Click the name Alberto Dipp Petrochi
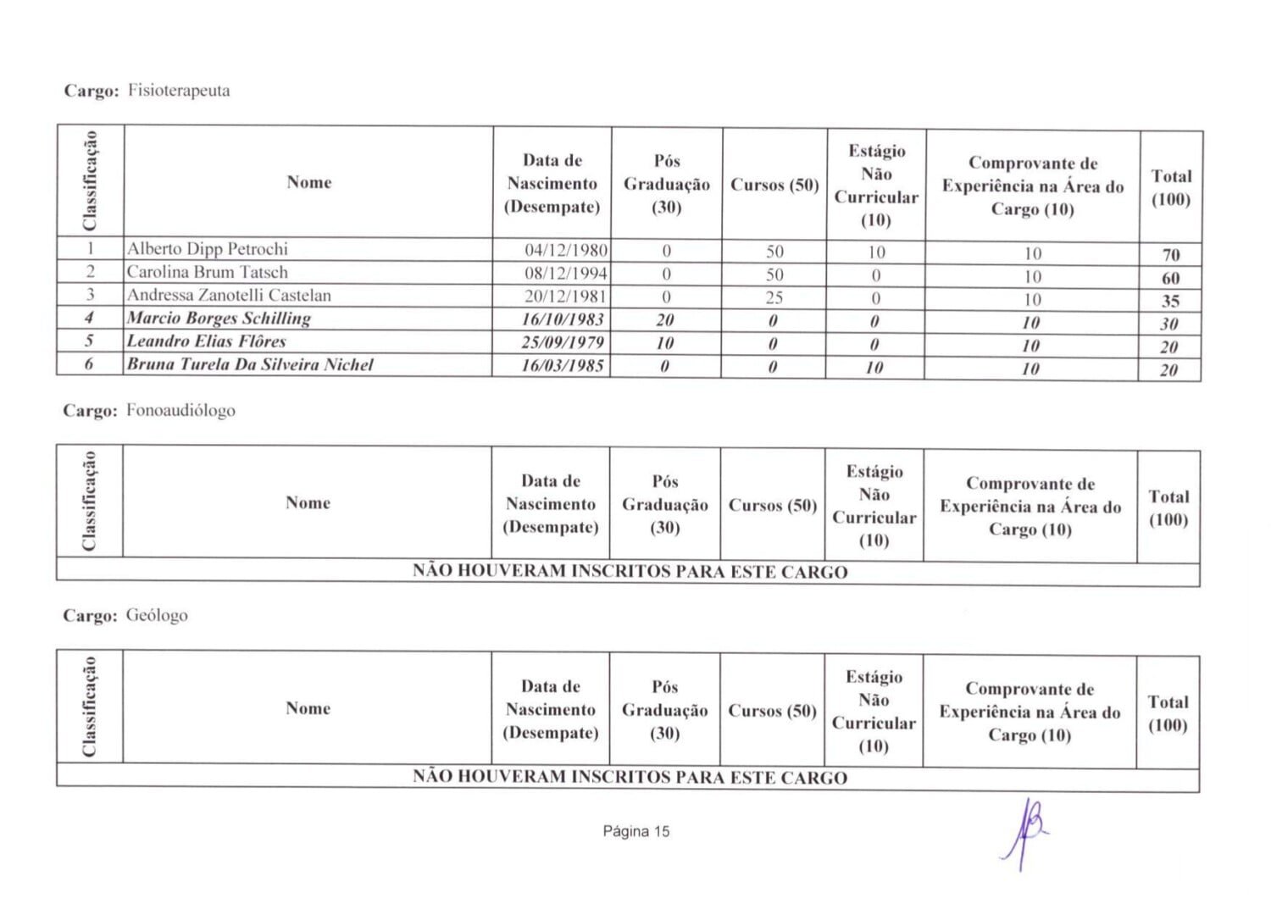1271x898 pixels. click(x=208, y=249)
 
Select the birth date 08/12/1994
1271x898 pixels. click(x=566, y=273)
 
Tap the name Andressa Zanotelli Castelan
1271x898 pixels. click(x=229, y=296)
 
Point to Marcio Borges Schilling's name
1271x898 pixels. click(x=219, y=319)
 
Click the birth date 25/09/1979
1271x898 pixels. click(x=563, y=342)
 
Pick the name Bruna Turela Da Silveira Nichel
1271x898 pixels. click(x=250, y=365)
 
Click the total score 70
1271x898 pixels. click(x=1171, y=255)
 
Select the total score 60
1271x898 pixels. click(x=1171, y=278)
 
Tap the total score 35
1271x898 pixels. click(x=1171, y=301)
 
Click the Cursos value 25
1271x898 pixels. click(x=774, y=298)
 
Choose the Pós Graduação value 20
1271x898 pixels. click(x=665, y=320)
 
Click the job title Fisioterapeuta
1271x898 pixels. click(x=179, y=91)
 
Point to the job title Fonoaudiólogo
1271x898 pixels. click(x=180, y=411)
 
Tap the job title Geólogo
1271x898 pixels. click(x=157, y=616)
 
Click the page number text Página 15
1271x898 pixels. click(x=636, y=831)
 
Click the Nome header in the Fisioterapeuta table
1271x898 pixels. click(x=308, y=182)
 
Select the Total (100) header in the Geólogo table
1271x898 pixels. click(x=1168, y=713)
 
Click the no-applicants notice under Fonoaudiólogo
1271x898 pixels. click(x=630, y=572)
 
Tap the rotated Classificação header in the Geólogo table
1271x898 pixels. click(x=90, y=707)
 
